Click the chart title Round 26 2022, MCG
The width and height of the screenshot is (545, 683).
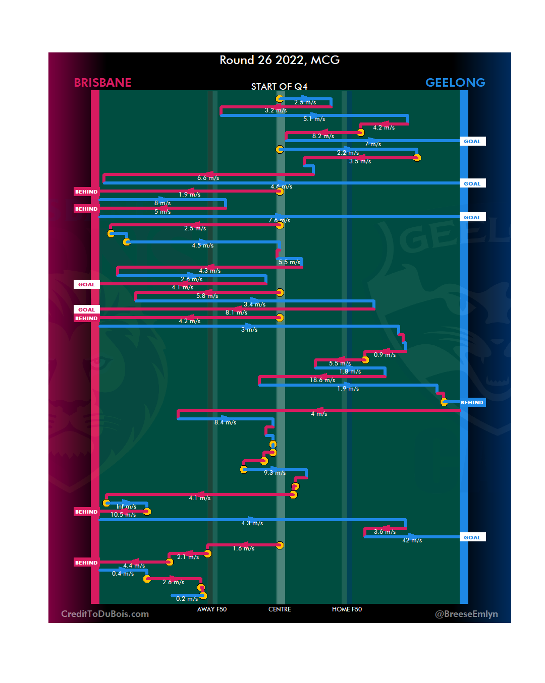[x=280, y=60]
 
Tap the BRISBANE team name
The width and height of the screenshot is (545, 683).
[x=102, y=83]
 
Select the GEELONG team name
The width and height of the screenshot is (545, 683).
[x=455, y=83]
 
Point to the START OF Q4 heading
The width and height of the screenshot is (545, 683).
[x=279, y=87]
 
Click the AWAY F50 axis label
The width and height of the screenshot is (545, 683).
[x=212, y=609]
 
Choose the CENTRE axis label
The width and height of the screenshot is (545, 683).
[x=280, y=609]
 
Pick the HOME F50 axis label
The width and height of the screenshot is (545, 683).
[x=347, y=609]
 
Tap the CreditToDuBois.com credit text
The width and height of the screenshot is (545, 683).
[x=105, y=614]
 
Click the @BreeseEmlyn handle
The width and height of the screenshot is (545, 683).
[x=466, y=614]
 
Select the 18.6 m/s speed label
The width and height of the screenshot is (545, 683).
[x=322, y=380]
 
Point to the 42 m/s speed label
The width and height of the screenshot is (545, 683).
[x=412, y=540]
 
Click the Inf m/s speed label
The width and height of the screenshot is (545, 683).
[x=126, y=507]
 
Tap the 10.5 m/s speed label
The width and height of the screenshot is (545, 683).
[x=123, y=515]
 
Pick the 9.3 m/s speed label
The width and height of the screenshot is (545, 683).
[x=275, y=473]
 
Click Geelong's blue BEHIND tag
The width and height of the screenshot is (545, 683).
[x=472, y=403]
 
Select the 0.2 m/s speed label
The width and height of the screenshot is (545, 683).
[x=187, y=599]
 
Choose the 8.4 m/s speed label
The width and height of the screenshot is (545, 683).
[x=225, y=422]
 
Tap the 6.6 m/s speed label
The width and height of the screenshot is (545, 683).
[x=208, y=178]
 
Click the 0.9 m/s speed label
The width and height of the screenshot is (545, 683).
[x=385, y=355]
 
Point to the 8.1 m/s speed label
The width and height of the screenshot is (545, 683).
[x=236, y=313]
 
